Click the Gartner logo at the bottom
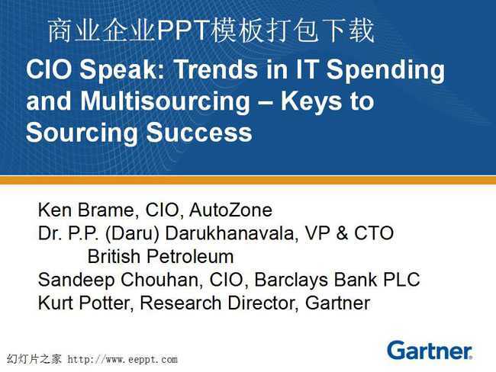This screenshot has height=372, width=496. click(430, 351)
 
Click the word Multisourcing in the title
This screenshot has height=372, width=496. click(165, 101)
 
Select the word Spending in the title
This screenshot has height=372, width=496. click(385, 71)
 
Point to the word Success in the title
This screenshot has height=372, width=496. click(199, 132)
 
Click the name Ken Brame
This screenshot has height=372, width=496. click(85, 210)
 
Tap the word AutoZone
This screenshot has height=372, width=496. click(230, 210)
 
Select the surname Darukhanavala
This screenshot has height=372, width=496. click(231, 233)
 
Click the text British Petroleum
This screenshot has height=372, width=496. click(161, 256)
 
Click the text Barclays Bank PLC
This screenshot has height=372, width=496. click(337, 280)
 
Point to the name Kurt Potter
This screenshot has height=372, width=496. click(84, 303)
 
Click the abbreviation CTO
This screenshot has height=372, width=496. click(374, 233)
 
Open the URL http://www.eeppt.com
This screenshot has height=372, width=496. click(122, 359)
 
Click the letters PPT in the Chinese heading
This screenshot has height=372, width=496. click(183, 31)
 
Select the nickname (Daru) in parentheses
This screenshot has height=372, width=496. click(132, 234)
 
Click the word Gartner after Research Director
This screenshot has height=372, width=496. click(337, 303)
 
